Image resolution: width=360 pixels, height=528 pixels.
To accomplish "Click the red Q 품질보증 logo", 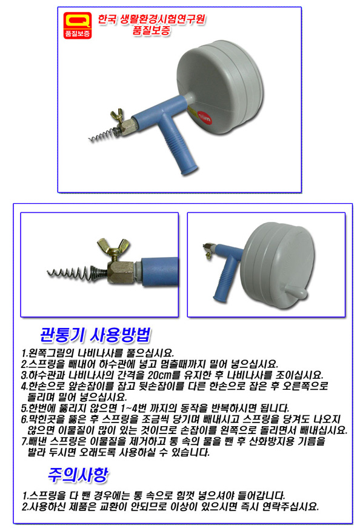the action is [78, 25].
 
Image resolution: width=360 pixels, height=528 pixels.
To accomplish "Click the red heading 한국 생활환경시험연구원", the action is [151, 19].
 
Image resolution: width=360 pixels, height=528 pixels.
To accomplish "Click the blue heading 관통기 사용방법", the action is [95, 335].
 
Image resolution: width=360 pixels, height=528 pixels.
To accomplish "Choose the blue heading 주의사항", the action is [78, 475].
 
